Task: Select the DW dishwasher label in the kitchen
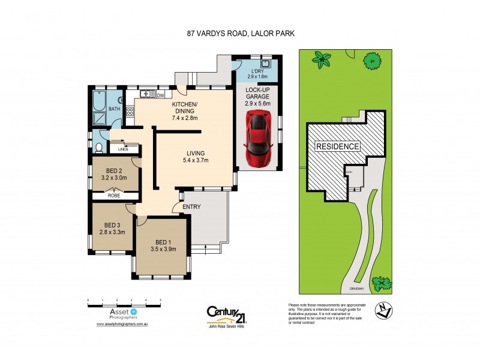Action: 160,95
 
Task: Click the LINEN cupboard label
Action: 123,149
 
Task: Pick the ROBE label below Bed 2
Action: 114,195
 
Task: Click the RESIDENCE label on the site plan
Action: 337,146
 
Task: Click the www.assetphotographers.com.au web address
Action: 122,324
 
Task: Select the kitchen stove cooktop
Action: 145,94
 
